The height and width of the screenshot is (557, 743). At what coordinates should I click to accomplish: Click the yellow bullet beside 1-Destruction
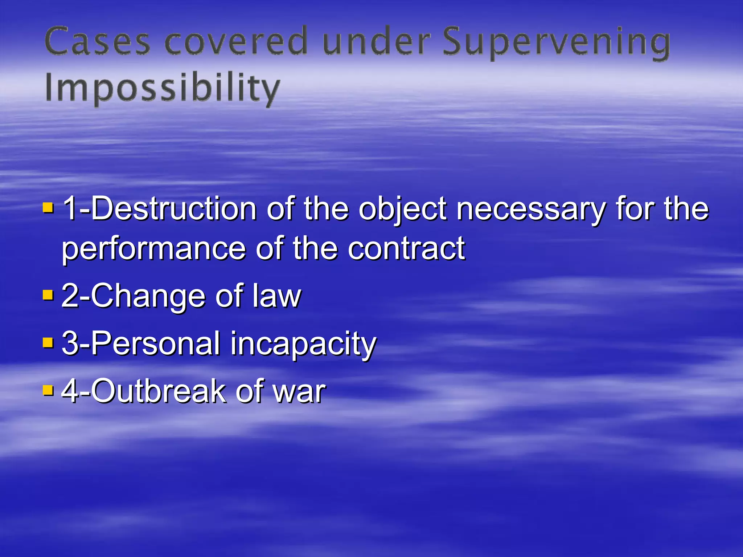(x=48, y=208)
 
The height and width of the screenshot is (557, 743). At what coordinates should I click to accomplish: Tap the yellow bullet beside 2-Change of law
(x=48, y=294)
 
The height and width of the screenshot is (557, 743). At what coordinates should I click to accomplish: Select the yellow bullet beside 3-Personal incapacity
(x=48, y=342)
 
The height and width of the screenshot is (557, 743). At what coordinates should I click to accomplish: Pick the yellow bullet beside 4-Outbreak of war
(x=48, y=390)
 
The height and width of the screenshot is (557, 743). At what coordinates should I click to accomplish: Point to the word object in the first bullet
(x=403, y=210)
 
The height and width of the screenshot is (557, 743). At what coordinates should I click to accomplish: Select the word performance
(x=154, y=249)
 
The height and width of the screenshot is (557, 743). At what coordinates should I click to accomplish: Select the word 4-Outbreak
(x=144, y=391)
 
